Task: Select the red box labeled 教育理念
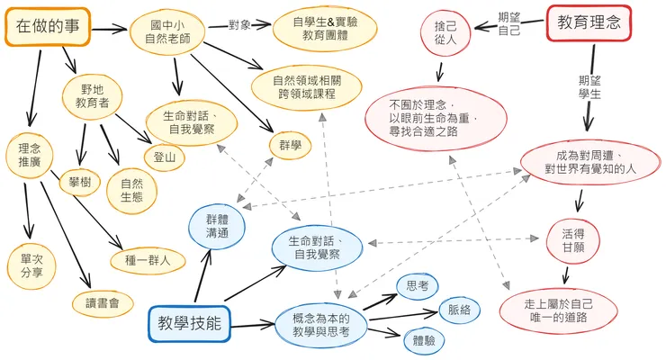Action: point(589,23)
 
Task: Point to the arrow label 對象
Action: point(239,23)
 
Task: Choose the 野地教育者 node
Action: point(93,96)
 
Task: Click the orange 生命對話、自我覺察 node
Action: point(190,124)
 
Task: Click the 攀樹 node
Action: point(80,182)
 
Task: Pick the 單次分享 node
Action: point(31,266)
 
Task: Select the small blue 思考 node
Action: point(418,286)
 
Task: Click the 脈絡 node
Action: point(458,310)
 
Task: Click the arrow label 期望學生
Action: point(590,85)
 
